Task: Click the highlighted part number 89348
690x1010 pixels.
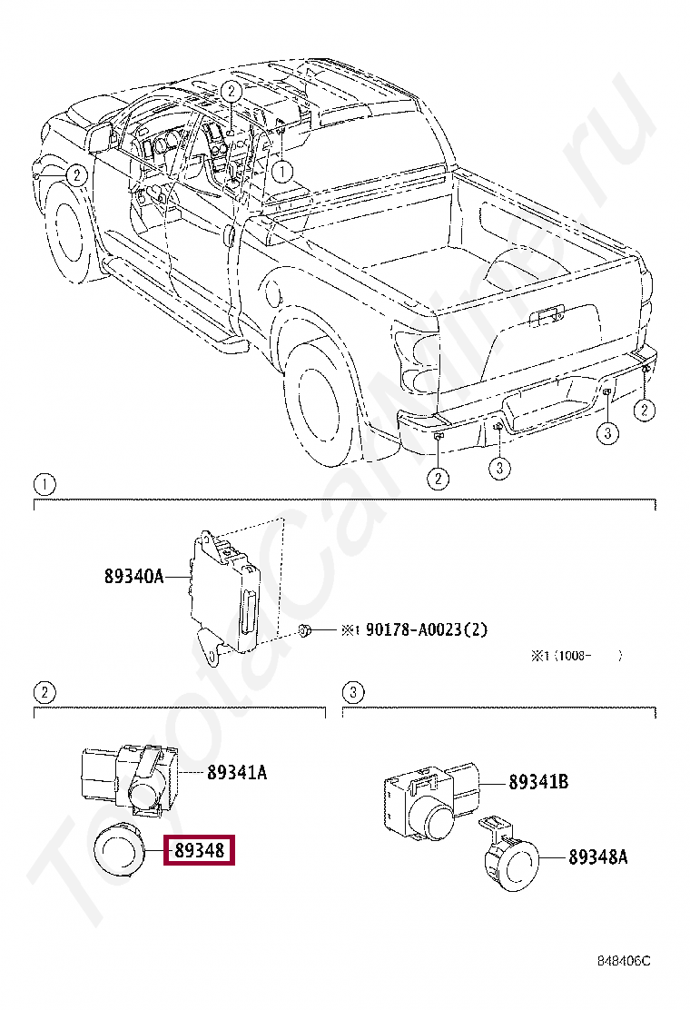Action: [198, 850]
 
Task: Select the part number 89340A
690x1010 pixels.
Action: [133, 575]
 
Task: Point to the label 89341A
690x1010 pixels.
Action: [237, 773]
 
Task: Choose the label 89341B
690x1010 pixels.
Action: [538, 781]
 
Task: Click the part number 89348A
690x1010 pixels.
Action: [598, 856]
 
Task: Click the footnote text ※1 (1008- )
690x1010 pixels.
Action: [577, 656]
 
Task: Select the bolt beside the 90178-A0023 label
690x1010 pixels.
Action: [308, 629]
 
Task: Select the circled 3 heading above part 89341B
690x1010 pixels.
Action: [353, 693]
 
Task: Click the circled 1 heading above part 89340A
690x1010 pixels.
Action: [44, 482]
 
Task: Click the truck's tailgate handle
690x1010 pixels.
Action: [546, 317]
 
